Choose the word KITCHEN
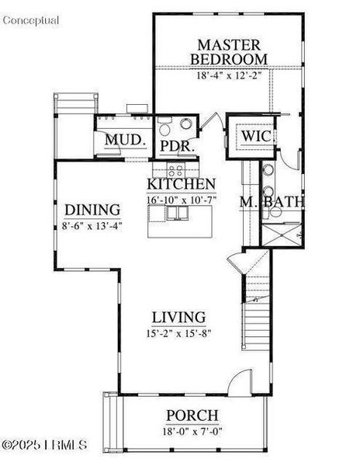[x=182, y=184]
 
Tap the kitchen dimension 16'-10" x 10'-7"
[x=182, y=200]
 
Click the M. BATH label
[x=271, y=203]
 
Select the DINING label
[x=92, y=210]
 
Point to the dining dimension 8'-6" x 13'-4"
[x=92, y=226]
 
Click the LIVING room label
[x=178, y=317]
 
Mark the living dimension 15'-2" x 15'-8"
[x=178, y=333]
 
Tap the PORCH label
[x=192, y=416]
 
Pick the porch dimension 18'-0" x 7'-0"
[x=192, y=432]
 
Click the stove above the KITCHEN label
[x=175, y=169]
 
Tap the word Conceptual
[x=31, y=21]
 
